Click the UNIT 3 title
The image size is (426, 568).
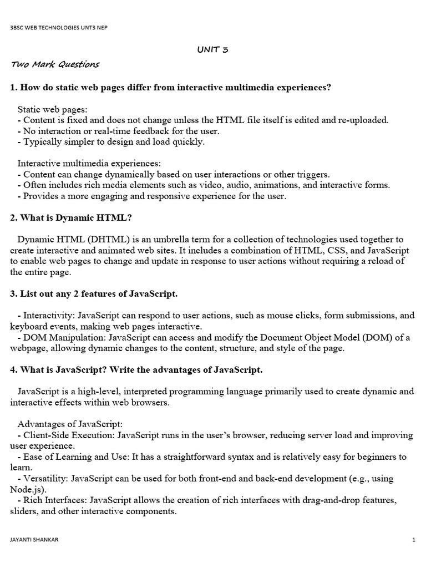point(212,50)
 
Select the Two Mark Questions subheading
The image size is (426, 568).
point(55,64)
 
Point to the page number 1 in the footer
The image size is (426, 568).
point(414,539)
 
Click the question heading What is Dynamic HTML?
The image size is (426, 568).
point(71,217)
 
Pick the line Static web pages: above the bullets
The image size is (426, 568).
point(52,109)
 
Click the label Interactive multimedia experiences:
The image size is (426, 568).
point(89,163)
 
